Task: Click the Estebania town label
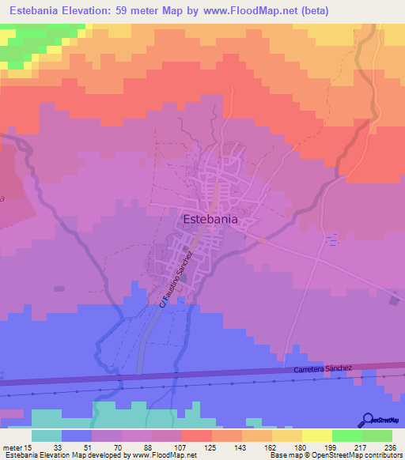pos(210,220)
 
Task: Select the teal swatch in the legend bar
pos(47,435)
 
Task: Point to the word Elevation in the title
pos(90,11)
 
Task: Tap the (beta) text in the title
pos(311,11)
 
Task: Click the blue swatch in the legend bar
pos(77,435)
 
